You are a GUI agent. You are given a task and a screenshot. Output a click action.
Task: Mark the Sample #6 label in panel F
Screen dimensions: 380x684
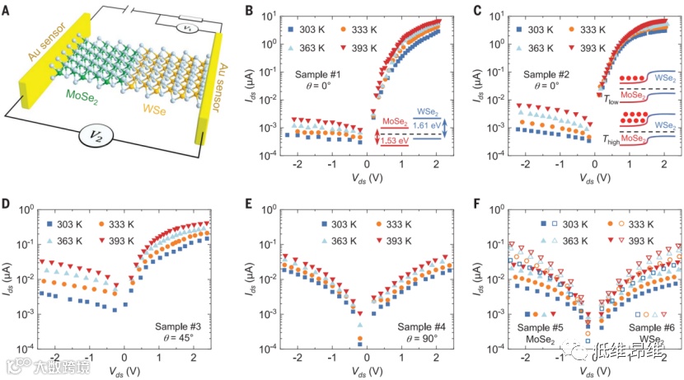[653, 328]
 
